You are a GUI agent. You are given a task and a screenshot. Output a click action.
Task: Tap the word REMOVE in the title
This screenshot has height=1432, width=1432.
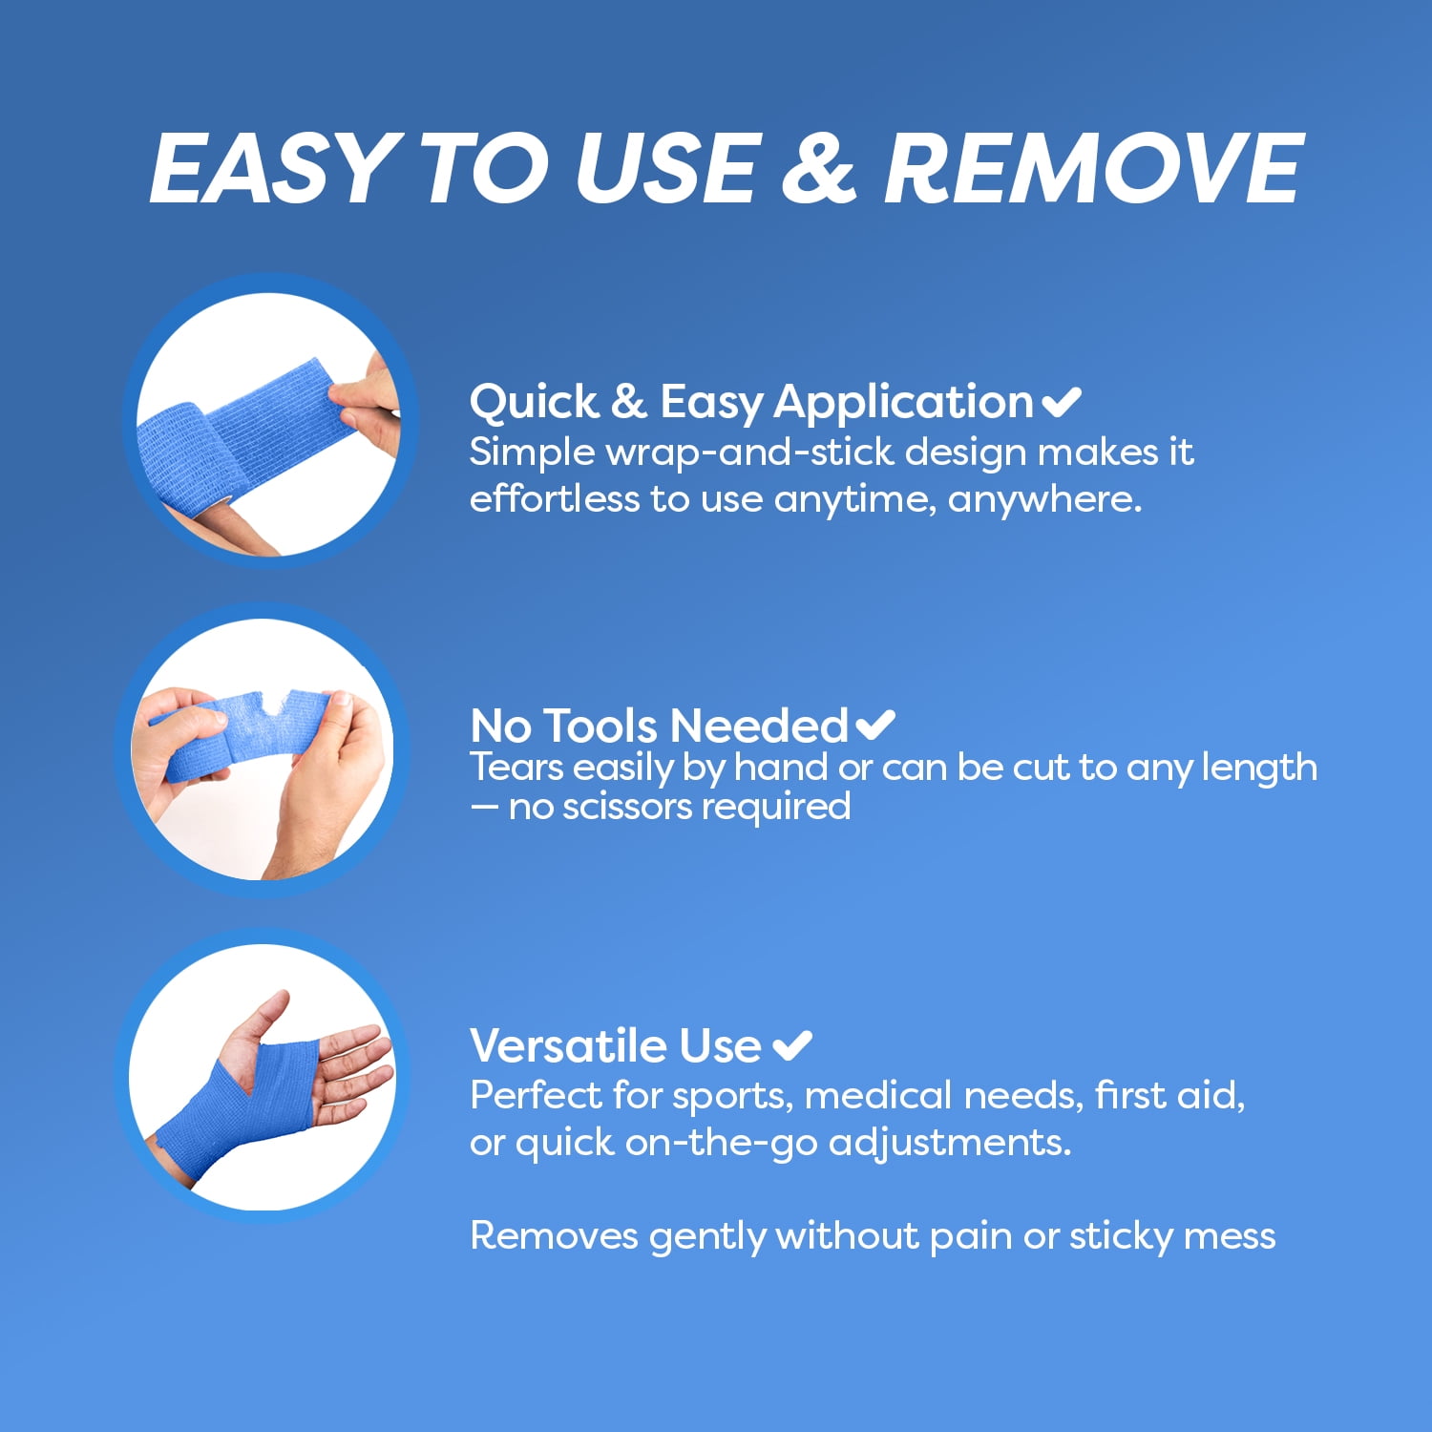pos(1093,168)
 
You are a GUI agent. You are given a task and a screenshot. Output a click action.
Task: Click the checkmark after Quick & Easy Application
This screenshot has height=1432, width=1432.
pos(1062,402)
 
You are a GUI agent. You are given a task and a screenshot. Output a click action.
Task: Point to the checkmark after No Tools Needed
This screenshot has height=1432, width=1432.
pos(875,726)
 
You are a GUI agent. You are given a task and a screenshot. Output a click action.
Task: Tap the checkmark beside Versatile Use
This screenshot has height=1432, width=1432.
pos(791,1045)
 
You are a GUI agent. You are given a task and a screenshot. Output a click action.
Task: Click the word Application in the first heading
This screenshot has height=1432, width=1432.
pos(903,403)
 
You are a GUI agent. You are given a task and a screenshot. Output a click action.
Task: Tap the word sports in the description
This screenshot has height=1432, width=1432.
pos(732,1097)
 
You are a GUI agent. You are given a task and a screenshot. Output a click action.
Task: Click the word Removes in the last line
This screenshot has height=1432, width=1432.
pos(554,1236)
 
